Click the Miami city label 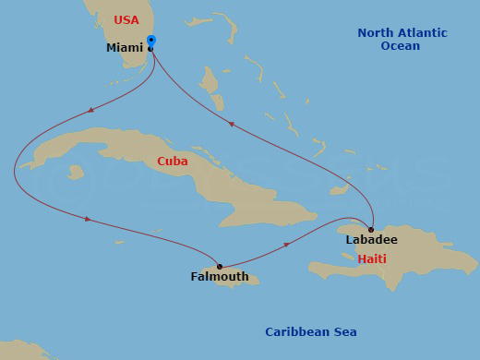click(124, 48)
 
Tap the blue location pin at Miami click(151, 42)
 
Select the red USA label click(126, 20)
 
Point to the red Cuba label click(172, 162)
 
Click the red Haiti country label click(373, 259)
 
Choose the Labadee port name click(371, 240)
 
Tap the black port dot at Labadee click(371, 230)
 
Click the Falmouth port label click(219, 277)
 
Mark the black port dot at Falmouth click(219, 267)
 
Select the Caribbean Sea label click(310, 332)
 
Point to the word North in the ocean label click(376, 33)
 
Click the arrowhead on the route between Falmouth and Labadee click(287, 245)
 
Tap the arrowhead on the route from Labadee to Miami click(231, 124)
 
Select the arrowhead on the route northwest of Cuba click(90, 110)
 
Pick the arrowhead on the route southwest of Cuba click(88, 219)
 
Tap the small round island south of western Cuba click(76, 172)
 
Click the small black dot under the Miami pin click(150, 49)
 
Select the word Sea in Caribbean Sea click(345, 332)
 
